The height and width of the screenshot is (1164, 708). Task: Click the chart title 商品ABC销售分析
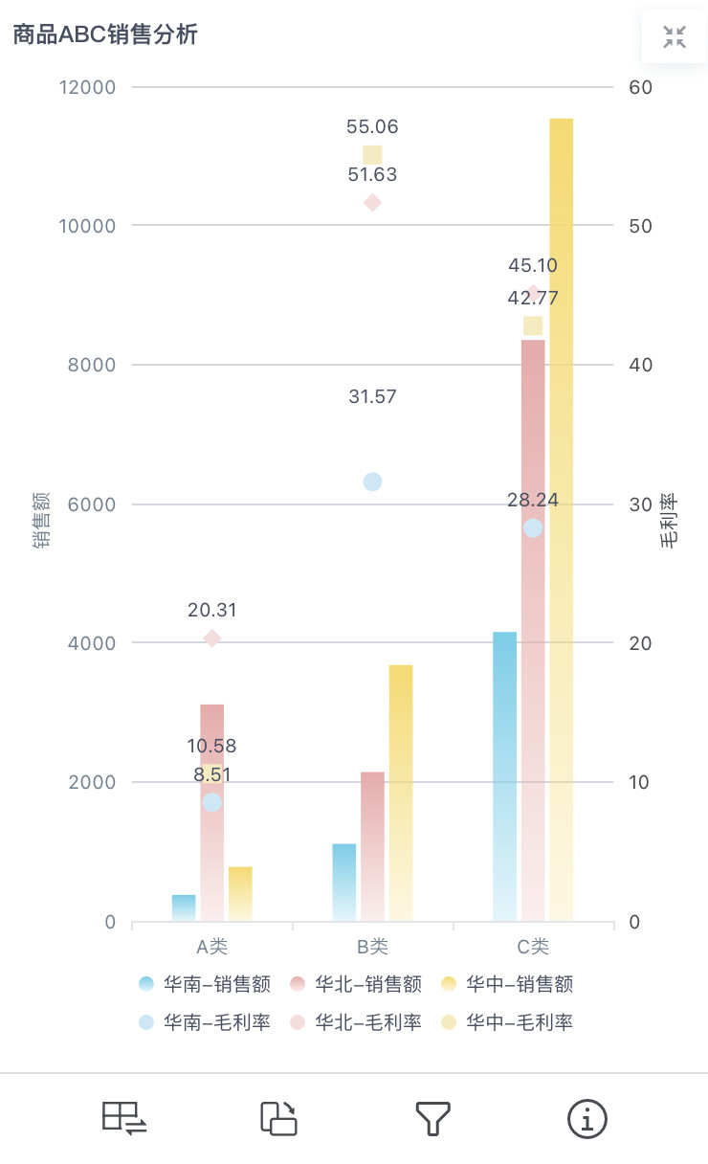(x=105, y=35)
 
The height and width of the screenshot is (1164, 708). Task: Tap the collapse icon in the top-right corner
(x=675, y=37)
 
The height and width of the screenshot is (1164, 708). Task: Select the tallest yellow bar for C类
(x=562, y=517)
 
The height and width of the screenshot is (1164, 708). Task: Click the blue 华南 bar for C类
(x=504, y=775)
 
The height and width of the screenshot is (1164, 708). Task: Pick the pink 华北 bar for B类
(x=372, y=846)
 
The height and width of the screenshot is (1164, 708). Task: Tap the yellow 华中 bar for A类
(x=240, y=893)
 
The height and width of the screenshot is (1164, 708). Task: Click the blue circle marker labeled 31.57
(x=372, y=481)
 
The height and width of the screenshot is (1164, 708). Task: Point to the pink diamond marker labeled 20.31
(x=212, y=638)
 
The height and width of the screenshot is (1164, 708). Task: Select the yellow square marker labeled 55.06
(x=372, y=154)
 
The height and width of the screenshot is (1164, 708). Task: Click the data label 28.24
(x=533, y=500)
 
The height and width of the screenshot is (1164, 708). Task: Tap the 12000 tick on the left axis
(x=88, y=87)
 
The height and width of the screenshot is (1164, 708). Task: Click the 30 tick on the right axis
(x=640, y=504)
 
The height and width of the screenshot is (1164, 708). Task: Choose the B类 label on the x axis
(x=372, y=947)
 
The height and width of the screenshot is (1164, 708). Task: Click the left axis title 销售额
(x=41, y=522)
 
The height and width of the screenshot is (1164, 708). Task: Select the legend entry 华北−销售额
(x=357, y=984)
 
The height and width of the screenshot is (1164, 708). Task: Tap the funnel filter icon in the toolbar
(x=432, y=1118)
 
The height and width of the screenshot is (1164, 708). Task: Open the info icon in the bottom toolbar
(x=587, y=1118)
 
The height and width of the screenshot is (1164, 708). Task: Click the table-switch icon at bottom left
(x=124, y=1118)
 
